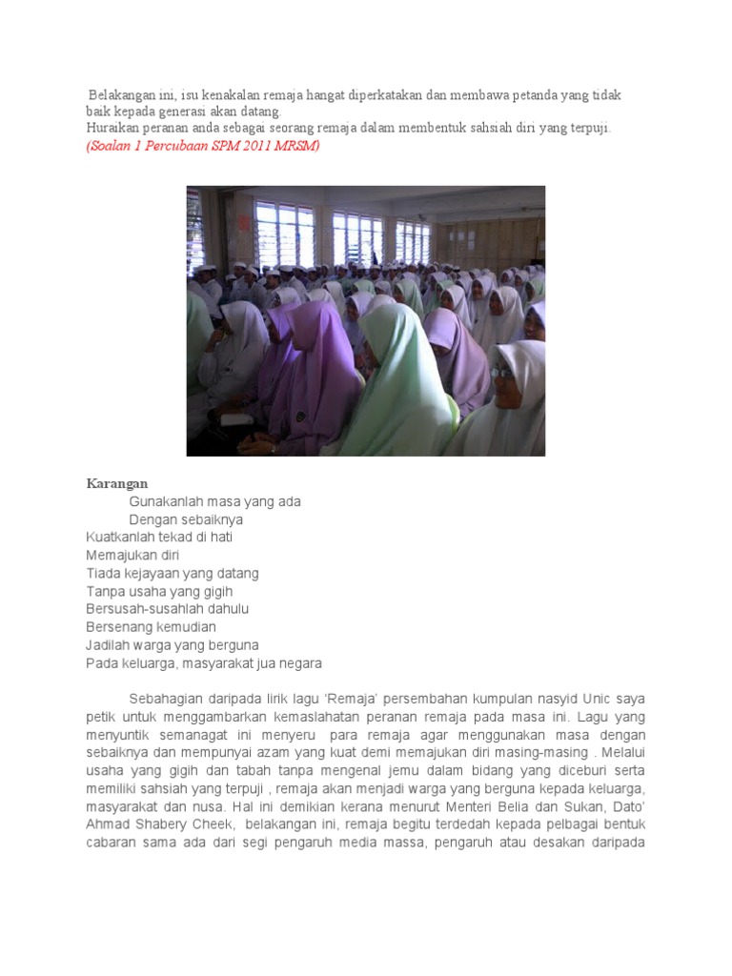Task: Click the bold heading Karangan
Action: coord(117,484)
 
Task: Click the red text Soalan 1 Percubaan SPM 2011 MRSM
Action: coord(203,147)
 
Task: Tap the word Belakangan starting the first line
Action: coord(119,96)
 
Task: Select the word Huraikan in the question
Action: coord(112,128)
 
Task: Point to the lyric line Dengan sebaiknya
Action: coord(186,519)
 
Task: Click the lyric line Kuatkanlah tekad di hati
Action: coord(159,538)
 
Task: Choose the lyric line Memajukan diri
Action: coord(132,555)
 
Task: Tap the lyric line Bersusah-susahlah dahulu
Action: coord(168,609)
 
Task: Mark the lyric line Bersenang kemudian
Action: coord(151,627)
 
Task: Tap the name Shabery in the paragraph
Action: coord(188,824)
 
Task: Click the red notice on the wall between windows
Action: coord(243,222)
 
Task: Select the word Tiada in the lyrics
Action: coord(103,574)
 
